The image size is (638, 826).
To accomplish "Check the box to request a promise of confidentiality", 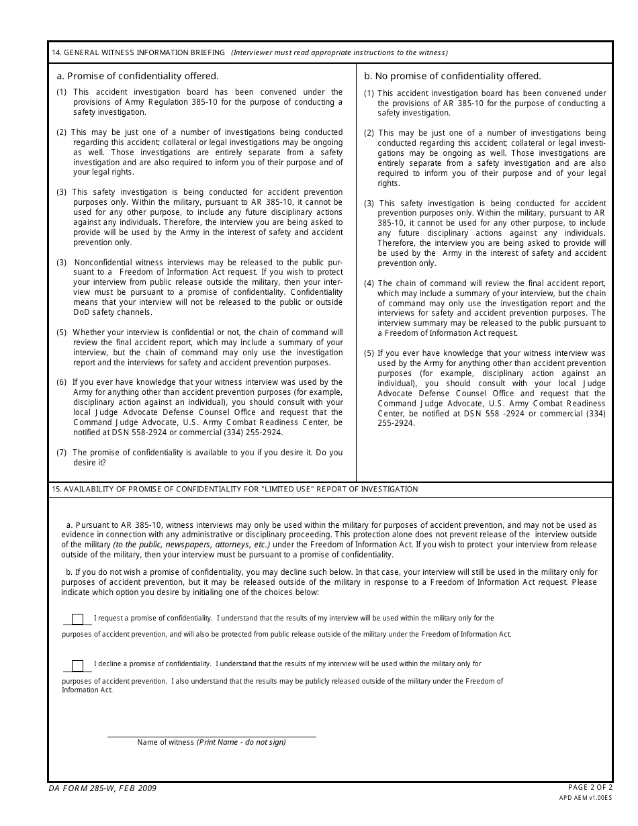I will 77,619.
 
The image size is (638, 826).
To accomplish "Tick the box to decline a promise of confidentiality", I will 77,666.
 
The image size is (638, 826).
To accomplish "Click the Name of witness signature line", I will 212,735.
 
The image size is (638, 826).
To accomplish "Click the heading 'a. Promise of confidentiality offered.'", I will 138,77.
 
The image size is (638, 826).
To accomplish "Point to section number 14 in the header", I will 56,53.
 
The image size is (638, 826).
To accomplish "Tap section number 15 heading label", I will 56,490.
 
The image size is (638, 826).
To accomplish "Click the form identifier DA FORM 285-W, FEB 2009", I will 102,788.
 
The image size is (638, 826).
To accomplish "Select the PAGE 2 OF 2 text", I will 590,787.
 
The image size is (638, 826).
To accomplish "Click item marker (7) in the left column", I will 62,453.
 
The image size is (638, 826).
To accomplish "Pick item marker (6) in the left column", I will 62,382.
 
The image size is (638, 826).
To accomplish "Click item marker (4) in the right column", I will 369,283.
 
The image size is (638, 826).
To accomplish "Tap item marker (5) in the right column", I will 369,353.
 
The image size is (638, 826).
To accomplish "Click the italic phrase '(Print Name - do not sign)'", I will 241,742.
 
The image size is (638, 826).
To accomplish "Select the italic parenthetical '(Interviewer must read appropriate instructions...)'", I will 339,53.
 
